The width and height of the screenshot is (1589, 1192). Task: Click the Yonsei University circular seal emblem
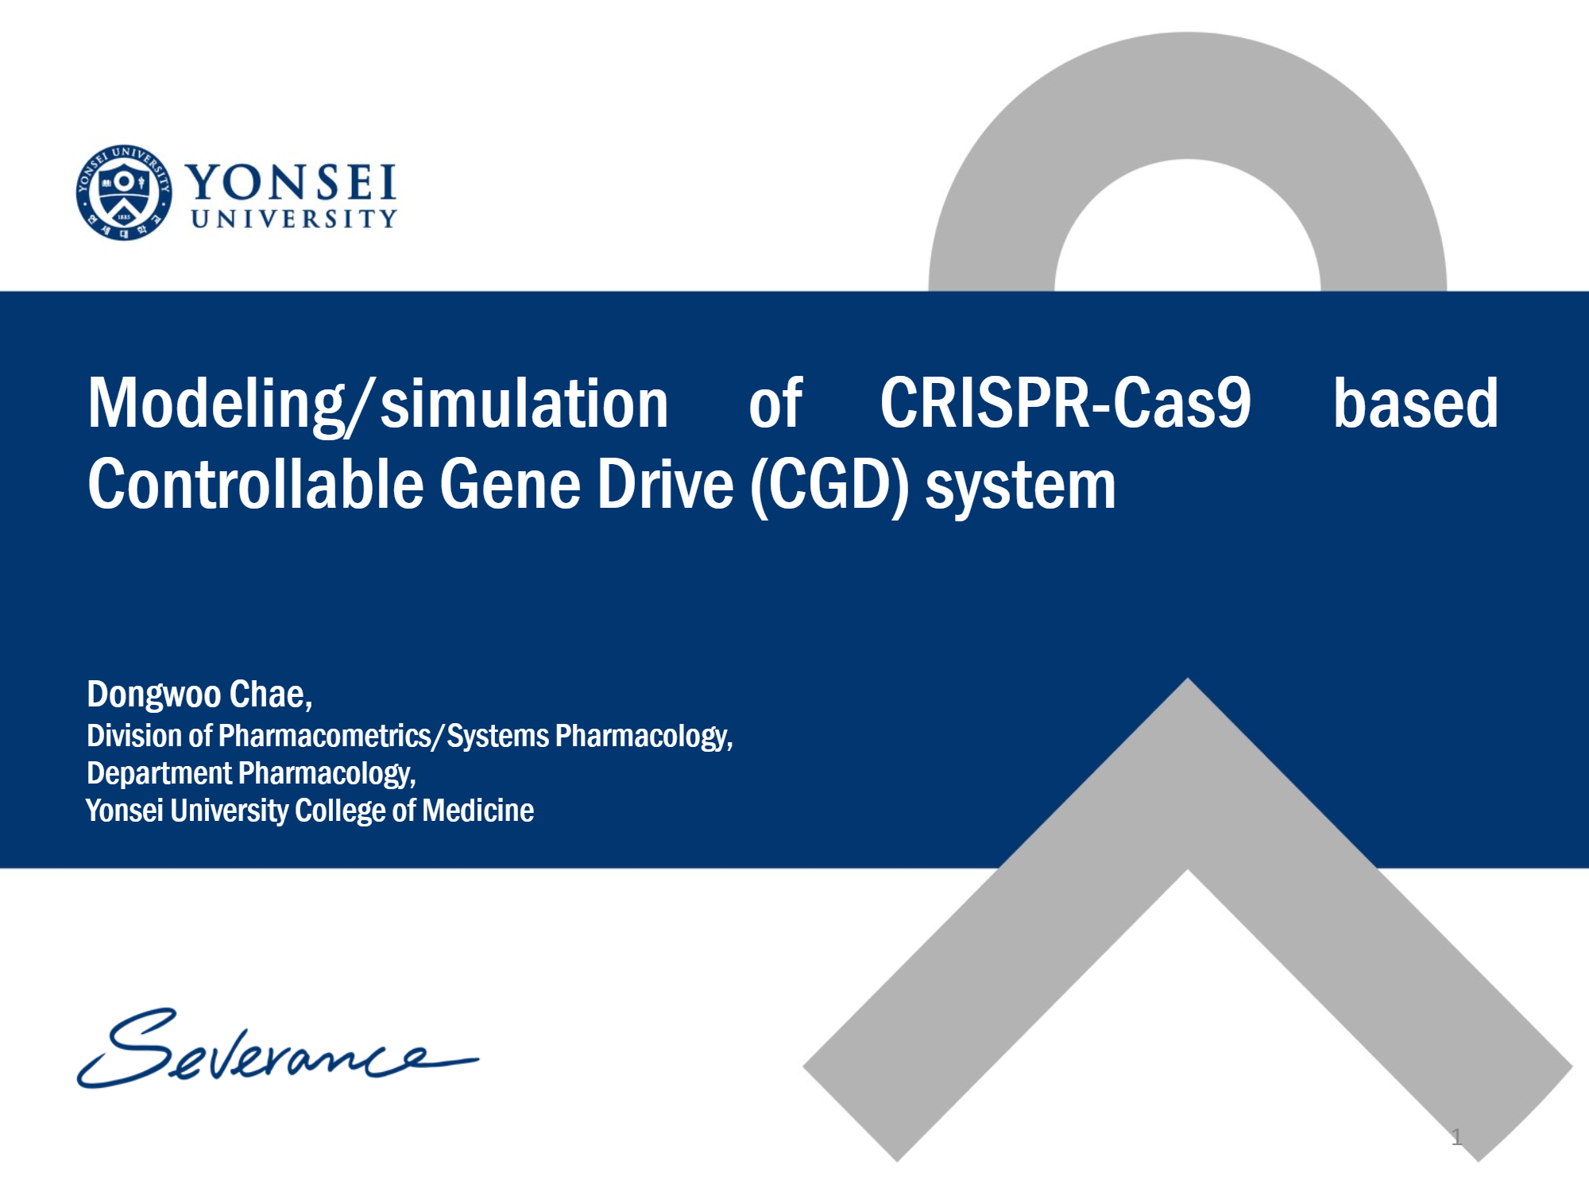(x=124, y=192)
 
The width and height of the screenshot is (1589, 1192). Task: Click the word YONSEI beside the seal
(x=291, y=183)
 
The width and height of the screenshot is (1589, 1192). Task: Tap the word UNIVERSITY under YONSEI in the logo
(x=293, y=219)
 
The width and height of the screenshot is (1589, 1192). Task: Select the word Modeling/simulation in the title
(x=377, y=404)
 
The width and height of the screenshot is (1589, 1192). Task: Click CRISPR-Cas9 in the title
(x=1065, y=404)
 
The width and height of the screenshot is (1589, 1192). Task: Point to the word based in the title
(x=1415, y=404)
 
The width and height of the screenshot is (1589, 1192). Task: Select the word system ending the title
(x=1020, y=486)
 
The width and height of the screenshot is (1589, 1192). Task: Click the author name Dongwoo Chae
(x=199, y=695)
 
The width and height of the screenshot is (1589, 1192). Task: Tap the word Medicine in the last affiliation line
(x=477, y=811)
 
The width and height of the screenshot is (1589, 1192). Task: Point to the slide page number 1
(x=1456, y=1136)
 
